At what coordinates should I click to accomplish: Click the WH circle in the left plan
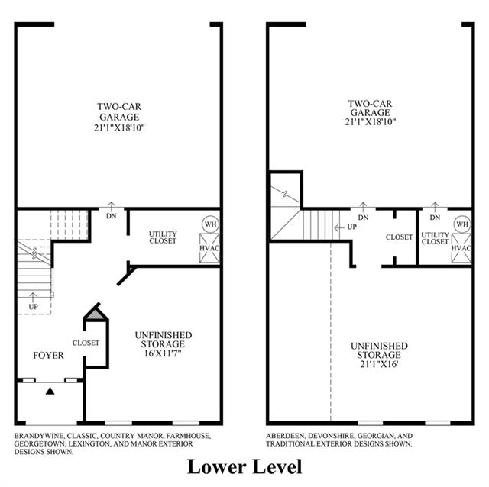tap(211, 224)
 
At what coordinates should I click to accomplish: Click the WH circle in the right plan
tap(462, 224)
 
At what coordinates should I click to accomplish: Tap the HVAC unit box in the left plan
tap(209, 248)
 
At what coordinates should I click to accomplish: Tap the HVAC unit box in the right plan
tap(461, 248)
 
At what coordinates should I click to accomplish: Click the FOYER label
tap(48, 355)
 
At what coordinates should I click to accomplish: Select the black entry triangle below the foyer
tap(50, 391)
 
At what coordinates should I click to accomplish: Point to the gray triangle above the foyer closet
tap(96, 314)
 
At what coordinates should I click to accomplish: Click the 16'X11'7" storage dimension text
tap(163, 353)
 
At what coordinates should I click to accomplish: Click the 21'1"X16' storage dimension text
tap(379, 364)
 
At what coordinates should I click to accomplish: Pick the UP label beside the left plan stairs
tap(34, 307)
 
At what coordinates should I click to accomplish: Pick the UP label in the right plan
tap(352, 227)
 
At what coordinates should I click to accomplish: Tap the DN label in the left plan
tap(112, 215)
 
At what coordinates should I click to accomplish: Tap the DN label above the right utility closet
tap(435, 218)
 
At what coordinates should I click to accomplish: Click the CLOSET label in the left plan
tap(86, 343)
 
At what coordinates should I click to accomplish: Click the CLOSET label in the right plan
tap(399, 237)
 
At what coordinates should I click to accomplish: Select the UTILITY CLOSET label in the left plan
tap(163, 237)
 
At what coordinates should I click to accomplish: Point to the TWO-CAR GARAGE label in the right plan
tap(370, 108)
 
